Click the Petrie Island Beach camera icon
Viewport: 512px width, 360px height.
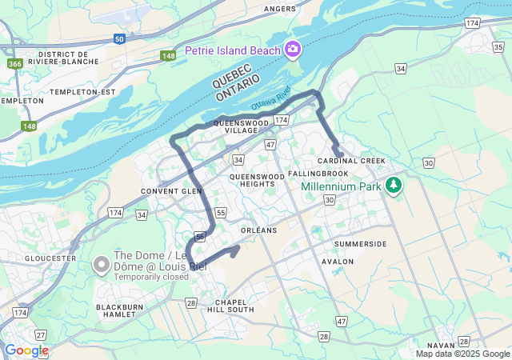point(294,50)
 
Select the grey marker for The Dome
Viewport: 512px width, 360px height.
point(102,263)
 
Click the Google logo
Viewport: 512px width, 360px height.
point(26,350)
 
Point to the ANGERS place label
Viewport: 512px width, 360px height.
point(279,9)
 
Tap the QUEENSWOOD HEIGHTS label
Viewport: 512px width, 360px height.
point(257,179)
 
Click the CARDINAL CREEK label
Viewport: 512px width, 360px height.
point(351,161)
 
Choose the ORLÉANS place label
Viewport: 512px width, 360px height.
point(258,230)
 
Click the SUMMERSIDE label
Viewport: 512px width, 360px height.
point(360,243)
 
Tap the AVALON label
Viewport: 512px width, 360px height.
point(336,261)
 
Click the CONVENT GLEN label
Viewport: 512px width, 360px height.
point(171,191)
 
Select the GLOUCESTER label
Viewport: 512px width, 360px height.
point(50,258)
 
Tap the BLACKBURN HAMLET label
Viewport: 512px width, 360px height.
point(124,311)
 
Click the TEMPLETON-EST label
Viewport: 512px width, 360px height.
point(83,92)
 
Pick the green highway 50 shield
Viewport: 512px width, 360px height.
point(118,38)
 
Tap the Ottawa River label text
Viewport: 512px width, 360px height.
point(272,102)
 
